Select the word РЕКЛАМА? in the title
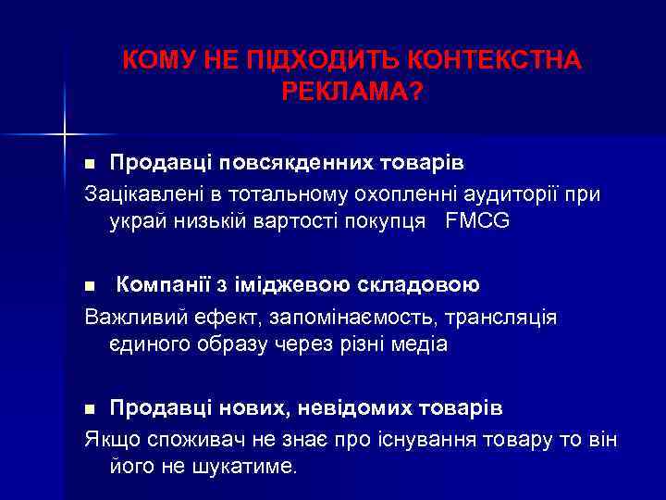pyautogui.click(x=351, y=91)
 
